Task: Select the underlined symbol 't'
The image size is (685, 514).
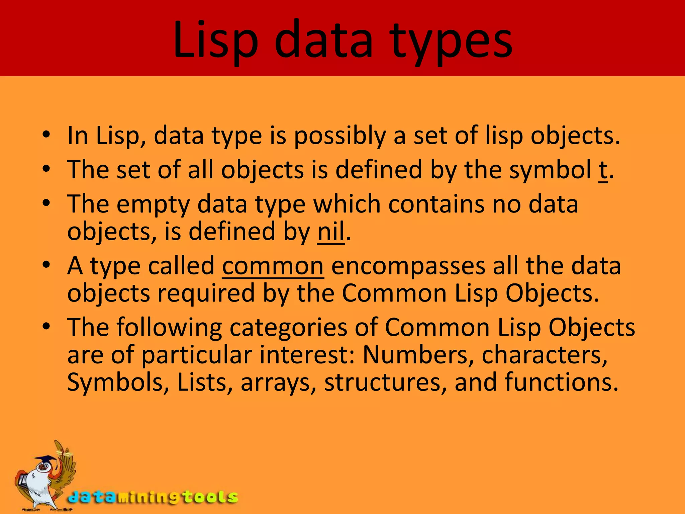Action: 602,170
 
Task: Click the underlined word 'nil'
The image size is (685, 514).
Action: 331,232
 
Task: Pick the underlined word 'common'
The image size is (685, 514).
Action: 273,266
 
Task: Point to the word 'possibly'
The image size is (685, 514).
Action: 340,136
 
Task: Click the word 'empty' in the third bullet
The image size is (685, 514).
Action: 153,204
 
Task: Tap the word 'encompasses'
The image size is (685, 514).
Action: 408,266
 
